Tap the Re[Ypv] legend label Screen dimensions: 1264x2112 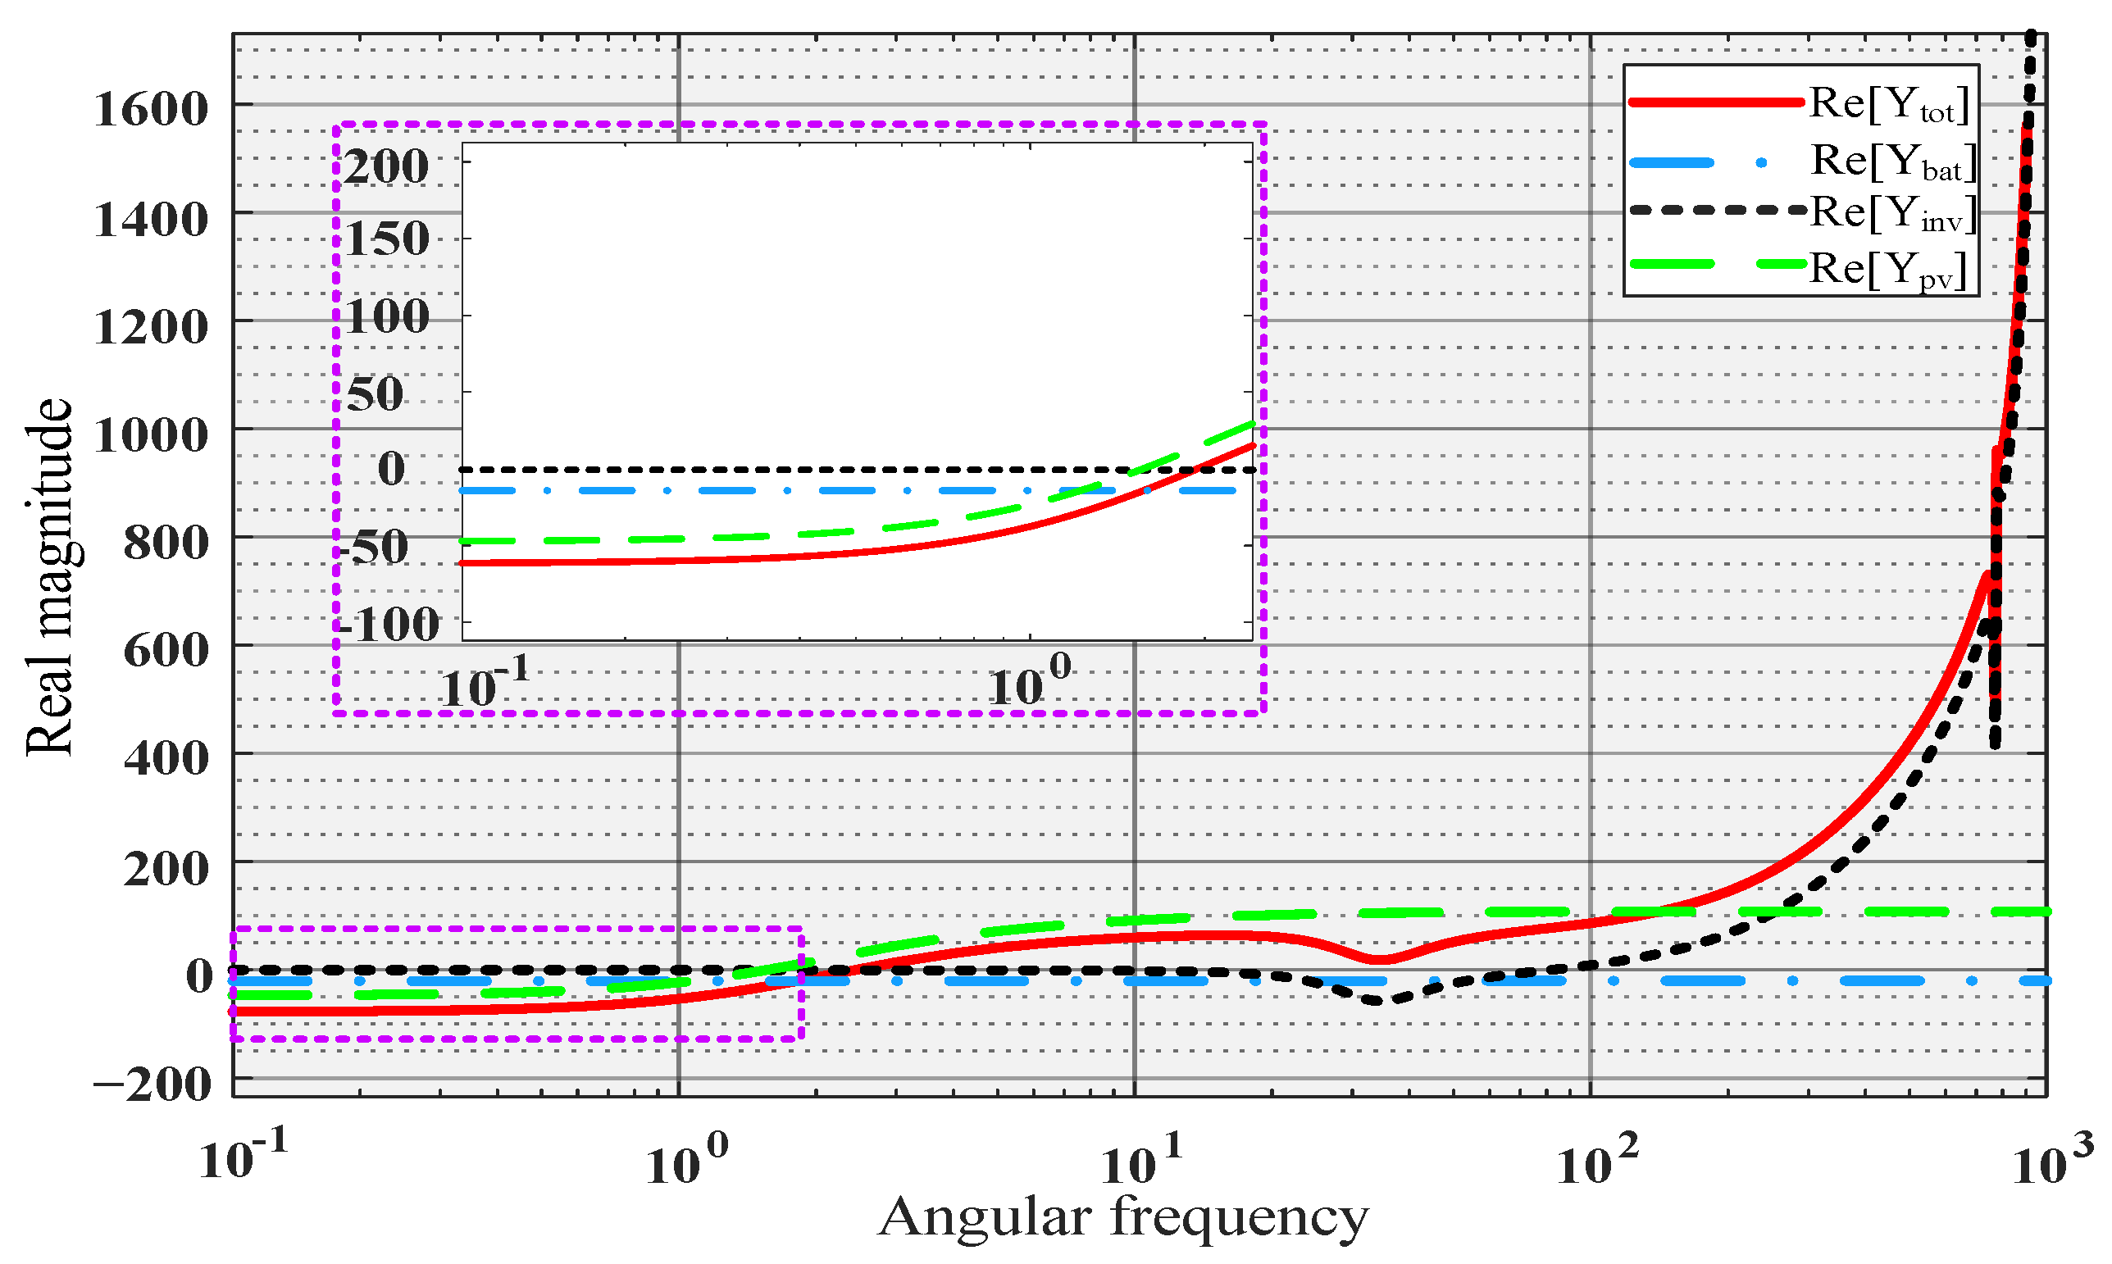click(x=1888, y=271)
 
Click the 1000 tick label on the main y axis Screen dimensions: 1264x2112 click(x=151, y=435)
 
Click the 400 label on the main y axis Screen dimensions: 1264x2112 click(x=166, y=757)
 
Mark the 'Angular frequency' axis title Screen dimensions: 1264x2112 click(x=1123, y=1218)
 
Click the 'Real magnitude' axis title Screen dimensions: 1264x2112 click(x=48, y=576)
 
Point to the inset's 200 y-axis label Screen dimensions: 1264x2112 click(x=386, y=166)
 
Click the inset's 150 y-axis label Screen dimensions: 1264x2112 click(x=386, y=239)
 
